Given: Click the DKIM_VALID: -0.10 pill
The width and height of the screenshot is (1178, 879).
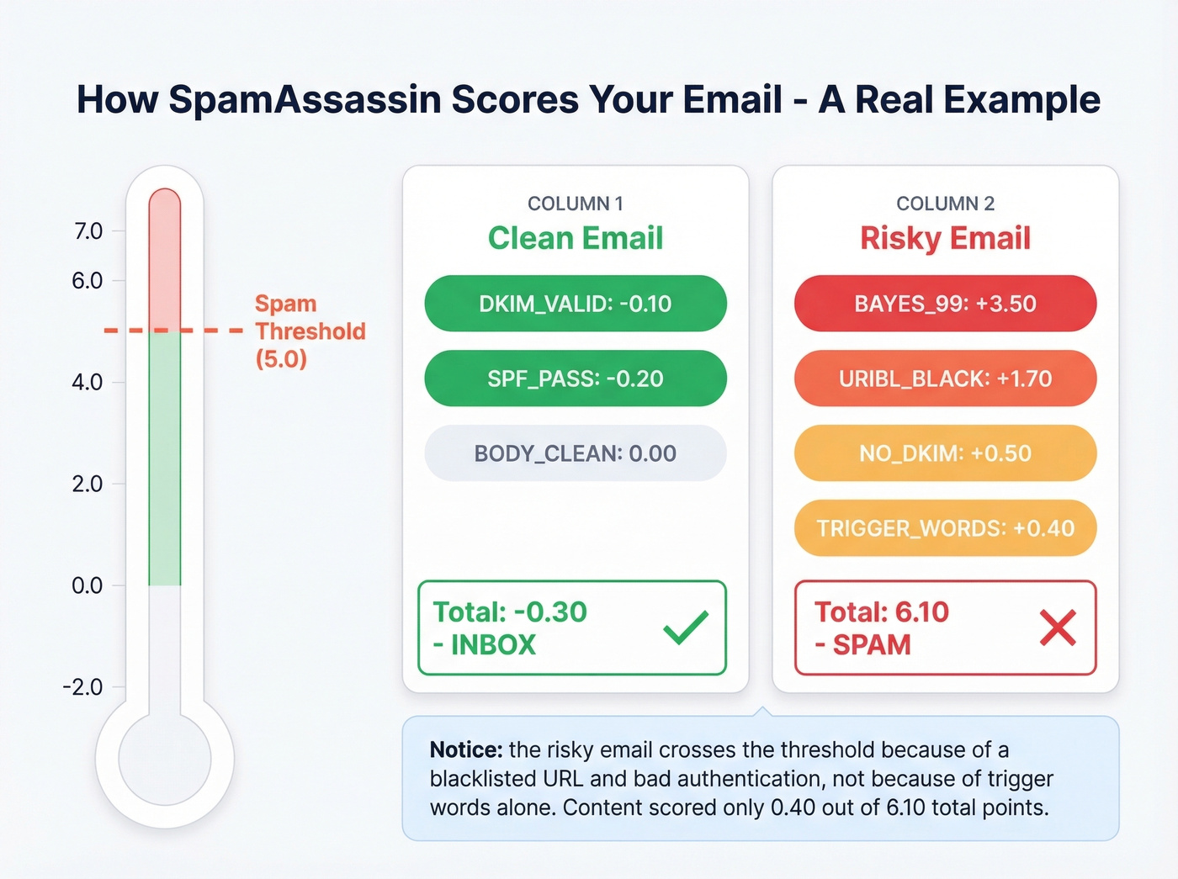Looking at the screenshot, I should click(x=575, y=304).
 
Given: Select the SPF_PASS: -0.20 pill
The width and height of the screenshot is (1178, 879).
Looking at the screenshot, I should click(x=575, y=379).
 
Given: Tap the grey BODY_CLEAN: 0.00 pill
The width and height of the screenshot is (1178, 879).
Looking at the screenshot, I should click(x=575, y=453).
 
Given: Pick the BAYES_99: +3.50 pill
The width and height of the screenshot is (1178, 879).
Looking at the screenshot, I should click(x=945, y=304).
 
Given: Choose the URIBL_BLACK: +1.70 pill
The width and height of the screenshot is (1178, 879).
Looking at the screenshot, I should click(x=945, y=379).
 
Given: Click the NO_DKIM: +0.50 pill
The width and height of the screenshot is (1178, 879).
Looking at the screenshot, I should click(x=945, y=453).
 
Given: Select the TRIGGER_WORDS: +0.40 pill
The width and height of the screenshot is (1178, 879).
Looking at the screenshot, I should click(x=945, y=528).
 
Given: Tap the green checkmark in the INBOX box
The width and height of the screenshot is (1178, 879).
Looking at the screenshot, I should click(x=686, y=627).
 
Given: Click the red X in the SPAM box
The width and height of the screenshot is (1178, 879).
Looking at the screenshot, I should click(x=1058, y=627).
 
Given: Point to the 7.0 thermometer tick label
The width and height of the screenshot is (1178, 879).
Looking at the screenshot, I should click(x=88, y=231).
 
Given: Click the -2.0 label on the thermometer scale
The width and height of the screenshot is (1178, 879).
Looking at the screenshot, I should click(x=82, y=687).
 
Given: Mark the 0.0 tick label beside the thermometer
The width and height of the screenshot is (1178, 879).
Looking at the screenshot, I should click(x=88, y=585).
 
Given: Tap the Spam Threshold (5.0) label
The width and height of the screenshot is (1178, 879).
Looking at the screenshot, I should click(x=310, y=331).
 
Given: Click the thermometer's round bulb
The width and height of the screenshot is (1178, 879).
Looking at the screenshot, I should click(x=165, y=759).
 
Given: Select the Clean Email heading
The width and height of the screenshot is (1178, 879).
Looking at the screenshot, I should click(x=576, y=238).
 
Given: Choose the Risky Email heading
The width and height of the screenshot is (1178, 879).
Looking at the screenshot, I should click(x=945, y=238).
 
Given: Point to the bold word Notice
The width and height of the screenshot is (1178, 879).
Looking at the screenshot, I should click(x=465, y=749).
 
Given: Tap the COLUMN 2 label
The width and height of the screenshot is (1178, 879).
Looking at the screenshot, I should click(x=945, y=204).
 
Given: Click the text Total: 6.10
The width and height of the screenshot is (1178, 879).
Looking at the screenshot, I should click(x=881, y=612).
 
